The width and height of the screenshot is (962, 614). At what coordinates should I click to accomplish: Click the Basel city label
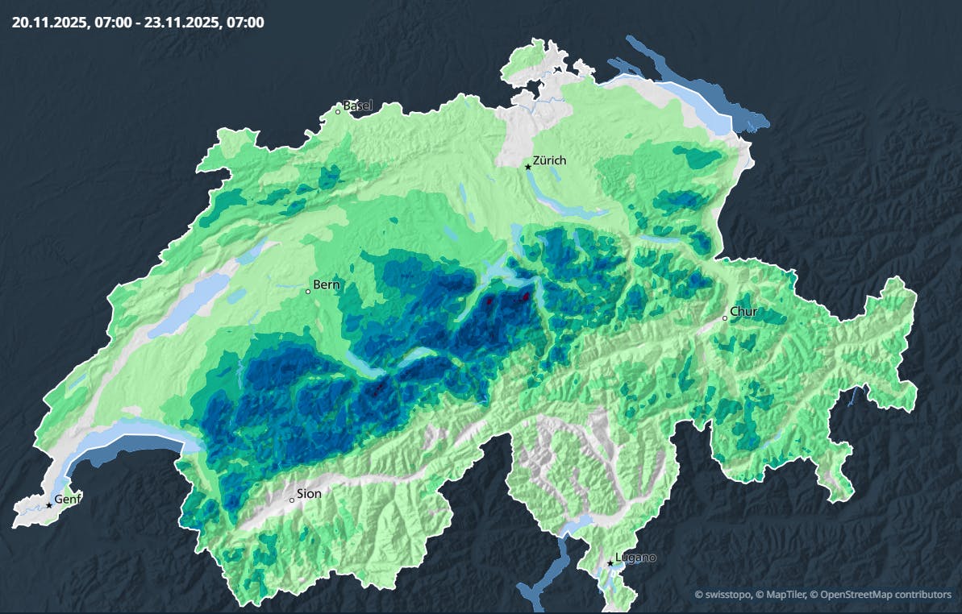358,106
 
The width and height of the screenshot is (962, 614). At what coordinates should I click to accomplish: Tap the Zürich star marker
528,167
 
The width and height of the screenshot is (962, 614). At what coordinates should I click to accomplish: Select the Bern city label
327,284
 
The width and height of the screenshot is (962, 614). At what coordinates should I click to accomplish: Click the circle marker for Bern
308,291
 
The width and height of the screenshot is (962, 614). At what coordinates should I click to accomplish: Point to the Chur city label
743,311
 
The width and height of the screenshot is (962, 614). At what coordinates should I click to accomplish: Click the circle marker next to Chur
725,318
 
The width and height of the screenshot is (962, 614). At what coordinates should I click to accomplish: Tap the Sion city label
309,493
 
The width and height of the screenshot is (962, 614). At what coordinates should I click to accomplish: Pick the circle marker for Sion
292,500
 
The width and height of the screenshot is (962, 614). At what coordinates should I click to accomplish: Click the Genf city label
68,498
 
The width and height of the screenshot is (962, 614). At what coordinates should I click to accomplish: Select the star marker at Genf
49,505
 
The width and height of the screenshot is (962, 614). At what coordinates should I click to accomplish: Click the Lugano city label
635,557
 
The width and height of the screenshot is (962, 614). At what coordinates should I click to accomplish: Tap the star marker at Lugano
610,563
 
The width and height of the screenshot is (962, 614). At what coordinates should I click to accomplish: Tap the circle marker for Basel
338,112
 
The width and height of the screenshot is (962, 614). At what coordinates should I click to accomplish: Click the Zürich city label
549,160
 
